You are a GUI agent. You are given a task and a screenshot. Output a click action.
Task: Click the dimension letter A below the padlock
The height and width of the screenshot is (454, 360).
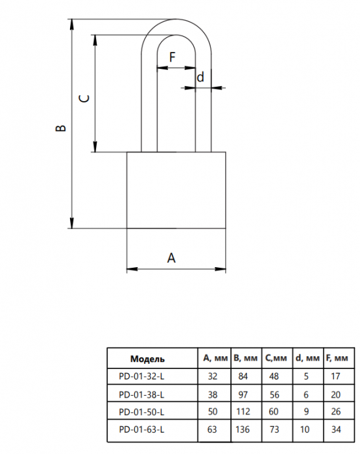[171, 257]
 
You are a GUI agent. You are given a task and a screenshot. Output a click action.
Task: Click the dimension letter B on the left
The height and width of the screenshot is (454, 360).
[60, 128]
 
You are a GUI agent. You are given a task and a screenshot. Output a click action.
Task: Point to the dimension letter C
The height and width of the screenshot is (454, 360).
[84, 99]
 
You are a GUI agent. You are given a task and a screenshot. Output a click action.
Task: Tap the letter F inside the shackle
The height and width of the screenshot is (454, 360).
[173, 57]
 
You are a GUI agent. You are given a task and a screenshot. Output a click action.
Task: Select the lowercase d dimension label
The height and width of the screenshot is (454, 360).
[200, 77]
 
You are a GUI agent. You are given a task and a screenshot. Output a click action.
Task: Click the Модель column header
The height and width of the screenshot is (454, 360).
[147, 359]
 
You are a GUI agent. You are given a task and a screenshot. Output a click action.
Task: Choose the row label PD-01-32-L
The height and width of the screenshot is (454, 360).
[141, 376]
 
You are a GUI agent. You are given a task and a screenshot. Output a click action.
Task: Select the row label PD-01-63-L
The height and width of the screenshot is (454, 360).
[141, 429]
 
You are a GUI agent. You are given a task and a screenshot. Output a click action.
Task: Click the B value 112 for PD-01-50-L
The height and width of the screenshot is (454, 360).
[243, 411]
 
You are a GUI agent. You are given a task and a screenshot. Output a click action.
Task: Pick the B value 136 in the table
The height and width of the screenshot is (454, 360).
[243, 429]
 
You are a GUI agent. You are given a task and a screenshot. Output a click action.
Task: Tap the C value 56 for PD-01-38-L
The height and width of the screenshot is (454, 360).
[274, 394]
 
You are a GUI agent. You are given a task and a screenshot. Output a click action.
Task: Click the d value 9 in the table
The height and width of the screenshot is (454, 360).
[306, 411]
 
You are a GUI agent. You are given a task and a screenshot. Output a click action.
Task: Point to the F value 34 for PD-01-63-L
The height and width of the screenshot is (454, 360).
[336, 429]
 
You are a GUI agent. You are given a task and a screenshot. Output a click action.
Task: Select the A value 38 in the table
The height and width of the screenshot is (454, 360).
[212, 394]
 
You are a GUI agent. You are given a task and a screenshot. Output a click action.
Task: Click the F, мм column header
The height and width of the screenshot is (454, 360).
[337, 358]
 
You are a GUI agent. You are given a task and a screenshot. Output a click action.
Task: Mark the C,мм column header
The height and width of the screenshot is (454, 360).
[276, 358]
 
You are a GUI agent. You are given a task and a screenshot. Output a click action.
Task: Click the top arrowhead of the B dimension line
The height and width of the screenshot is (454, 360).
[72, 25]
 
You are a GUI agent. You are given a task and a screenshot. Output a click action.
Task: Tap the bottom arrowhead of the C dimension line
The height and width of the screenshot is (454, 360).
[95, 147]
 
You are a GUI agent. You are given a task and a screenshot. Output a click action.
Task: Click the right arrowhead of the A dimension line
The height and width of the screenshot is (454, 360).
[220, 269]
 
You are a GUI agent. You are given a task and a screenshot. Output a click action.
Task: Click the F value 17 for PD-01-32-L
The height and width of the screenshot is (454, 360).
[335, 376]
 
